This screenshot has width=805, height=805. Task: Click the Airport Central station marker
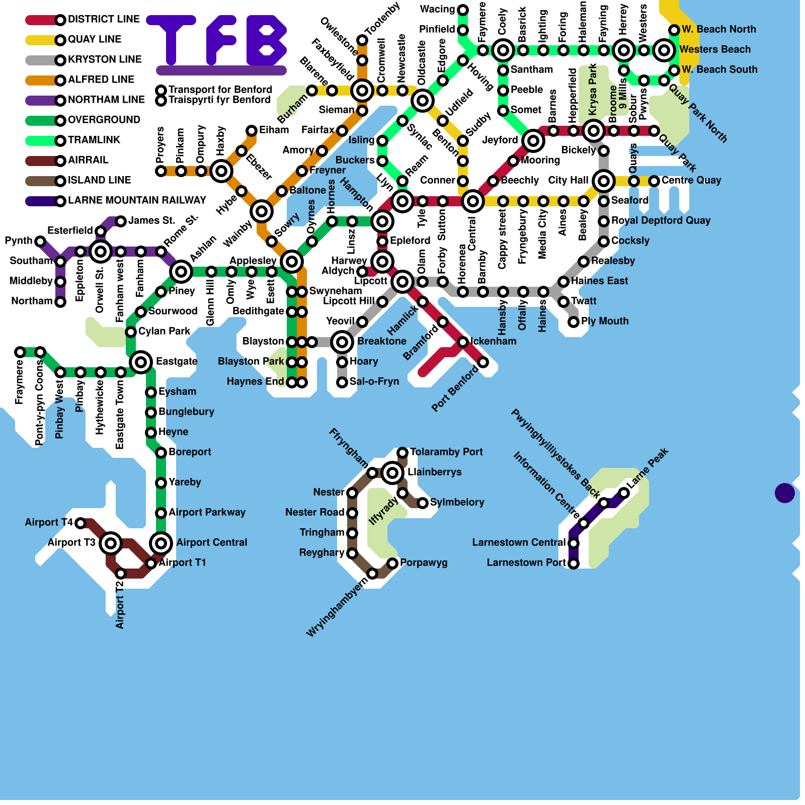[x=161, y=543]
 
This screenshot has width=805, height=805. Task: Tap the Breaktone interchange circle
[x=342, y=342]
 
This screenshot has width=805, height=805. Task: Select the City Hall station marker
[x=604, y=181]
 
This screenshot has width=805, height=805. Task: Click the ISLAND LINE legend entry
[x=99, y=180]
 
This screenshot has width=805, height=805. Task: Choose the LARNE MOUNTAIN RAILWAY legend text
[x=137, y=200]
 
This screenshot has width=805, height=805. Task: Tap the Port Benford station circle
[x=483, y=362]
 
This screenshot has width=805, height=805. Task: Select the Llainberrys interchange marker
[x=392, y=472]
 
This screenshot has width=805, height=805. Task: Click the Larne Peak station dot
[x=624, y=493]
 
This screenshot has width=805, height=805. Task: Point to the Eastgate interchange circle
[x=141, y=362]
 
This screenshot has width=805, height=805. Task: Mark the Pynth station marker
[x=40, y=242]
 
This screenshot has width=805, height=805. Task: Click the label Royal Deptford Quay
[x=661, y=220]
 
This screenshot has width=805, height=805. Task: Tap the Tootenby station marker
[x=362, y=40]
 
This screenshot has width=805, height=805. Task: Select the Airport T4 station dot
[x=80, y=523]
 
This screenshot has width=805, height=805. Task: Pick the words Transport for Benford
[x=220, y=90]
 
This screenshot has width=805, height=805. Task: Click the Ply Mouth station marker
[x=574, y=322]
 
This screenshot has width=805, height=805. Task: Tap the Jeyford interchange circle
[x=533, y=141]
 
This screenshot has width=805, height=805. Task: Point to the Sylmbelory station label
[x=457, y=502]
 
